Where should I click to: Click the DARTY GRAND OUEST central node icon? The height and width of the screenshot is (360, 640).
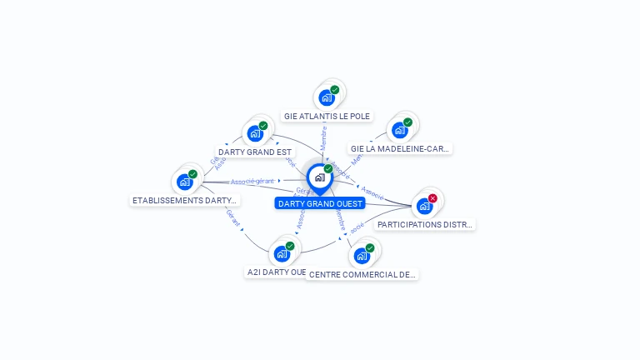(319, 177)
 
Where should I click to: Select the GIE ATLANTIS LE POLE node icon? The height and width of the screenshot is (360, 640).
(327, 97)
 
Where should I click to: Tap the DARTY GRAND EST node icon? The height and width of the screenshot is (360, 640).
(255, 132)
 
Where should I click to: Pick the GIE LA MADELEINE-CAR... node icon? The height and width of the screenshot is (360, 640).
(400, 130)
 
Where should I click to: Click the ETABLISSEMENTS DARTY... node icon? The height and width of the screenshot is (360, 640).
(185, 181)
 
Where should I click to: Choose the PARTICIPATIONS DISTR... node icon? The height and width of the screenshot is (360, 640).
(425, 205)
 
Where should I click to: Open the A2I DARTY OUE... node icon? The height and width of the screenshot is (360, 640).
(282, 253)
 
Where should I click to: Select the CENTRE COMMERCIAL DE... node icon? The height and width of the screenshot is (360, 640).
(362, 255)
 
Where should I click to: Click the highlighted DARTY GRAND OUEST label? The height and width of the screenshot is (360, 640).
(321, 203)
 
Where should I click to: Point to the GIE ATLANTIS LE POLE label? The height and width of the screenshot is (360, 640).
(327, 117)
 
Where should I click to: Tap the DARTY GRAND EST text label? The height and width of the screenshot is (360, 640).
(255, 152)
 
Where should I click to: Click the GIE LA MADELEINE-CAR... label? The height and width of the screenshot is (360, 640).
(400, 148)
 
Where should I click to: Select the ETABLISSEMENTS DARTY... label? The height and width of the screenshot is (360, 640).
(185, 200)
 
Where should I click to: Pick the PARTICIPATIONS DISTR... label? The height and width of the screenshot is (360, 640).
(425, 224)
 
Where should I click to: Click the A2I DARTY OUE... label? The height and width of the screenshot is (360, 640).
(276, 272)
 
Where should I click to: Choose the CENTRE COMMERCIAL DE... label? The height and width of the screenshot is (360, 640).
(362, 274)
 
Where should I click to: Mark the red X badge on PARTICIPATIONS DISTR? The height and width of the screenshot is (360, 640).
(432, 198)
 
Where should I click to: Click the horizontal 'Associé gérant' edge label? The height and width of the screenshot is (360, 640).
(252, 181)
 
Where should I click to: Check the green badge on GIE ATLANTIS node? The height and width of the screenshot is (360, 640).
(334, 90)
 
